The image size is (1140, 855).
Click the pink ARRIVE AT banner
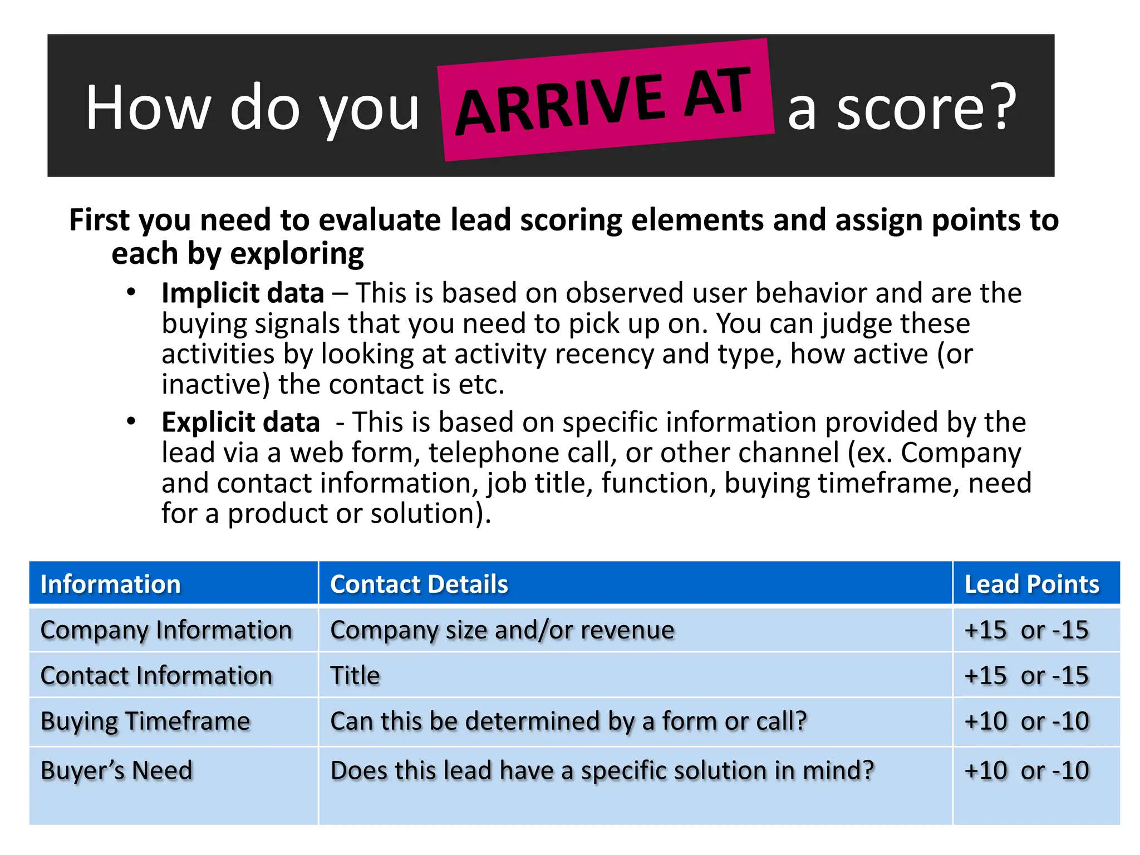point(606,100)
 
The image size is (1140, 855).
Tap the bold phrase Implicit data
point(243,293)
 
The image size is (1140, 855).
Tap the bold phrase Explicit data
point(240,422)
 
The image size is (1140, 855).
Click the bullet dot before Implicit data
point(131,292)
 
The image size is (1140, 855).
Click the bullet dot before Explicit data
point(131,421)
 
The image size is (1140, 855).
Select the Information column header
point(110,584)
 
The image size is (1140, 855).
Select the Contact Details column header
point(419,584)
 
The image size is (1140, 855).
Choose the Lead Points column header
point(1031,584)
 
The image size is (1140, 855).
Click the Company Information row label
point(166,630)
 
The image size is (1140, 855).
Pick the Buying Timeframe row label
point(145,721)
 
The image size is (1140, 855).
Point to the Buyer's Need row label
point(116,771)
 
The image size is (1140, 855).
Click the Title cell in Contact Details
point(355,676)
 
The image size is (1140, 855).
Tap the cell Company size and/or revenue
point(502,630)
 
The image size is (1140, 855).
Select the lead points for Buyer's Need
point(1026,771)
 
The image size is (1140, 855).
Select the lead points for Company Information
point(1026,630)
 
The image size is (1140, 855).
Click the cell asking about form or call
point(568,721)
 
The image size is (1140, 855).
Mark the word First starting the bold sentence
point(99,220)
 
